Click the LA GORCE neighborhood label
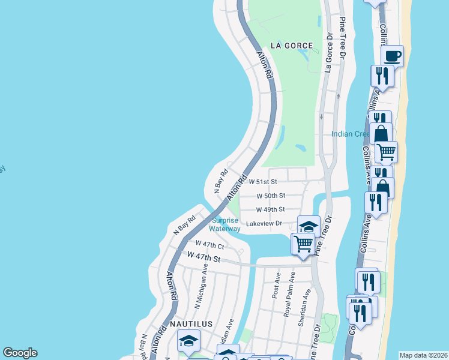click(292, 46)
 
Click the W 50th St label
click(270, 196)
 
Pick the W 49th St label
click(270, 209)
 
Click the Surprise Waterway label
click(224, 224)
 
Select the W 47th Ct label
click(209, 245)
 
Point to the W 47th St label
click(204, 257)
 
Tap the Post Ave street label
click(276, 283)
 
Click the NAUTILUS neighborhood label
click(191, 324)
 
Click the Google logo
click(20, 353)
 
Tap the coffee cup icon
click(393, 56)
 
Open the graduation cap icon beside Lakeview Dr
click(309, 226)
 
